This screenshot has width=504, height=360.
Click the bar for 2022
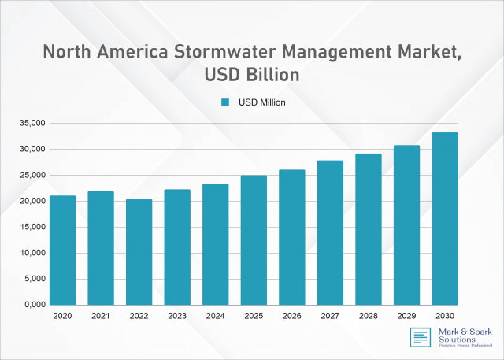[x=139, y=251]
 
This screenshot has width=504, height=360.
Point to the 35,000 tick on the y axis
[x=32, y=124]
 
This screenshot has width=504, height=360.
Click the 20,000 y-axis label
[x=32, y=201]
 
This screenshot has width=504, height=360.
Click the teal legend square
[x=224, y=102]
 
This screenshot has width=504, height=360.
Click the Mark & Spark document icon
[x=420, y=338]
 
